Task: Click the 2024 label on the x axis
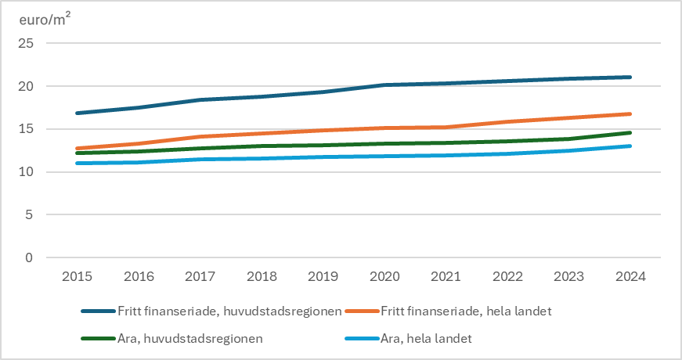click(x=630, y=276)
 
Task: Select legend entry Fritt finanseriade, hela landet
click(x=466, y=311)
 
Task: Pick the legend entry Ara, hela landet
click(x=428, y=339)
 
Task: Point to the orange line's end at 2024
click(x=630, y=113)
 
